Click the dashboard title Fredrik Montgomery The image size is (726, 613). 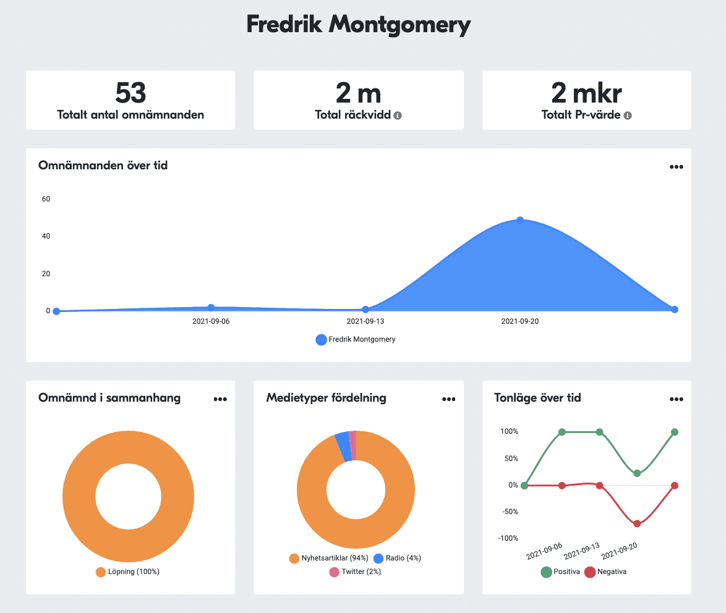tap(359, 25)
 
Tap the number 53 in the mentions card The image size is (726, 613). tap(130, 93)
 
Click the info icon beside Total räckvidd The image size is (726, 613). tap(398, 116)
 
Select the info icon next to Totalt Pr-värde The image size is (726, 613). tap(627, 116)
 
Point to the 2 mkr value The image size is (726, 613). tap(586, 93)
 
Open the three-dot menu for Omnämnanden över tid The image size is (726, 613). tap(676, 167)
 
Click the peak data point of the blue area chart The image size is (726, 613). tap(520, 220)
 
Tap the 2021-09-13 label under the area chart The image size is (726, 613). tap(365, 321)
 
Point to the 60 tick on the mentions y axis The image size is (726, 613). tap(46, 199)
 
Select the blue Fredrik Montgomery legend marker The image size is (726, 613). tap(321, 339)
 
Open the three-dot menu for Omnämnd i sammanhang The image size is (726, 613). tap(220, 399)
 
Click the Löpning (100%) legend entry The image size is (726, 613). tap(128, 572)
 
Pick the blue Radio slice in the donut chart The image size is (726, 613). tap(343, 446)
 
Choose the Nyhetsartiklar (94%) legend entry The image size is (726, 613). tap(329, 558)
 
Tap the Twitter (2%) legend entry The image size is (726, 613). tap(355, 572)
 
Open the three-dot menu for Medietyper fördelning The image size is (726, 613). tap(448, 399)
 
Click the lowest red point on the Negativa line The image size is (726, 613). tap(637, 523)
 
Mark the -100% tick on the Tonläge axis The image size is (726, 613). tap(508, 538)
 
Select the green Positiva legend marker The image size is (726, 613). tap(547, 572)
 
